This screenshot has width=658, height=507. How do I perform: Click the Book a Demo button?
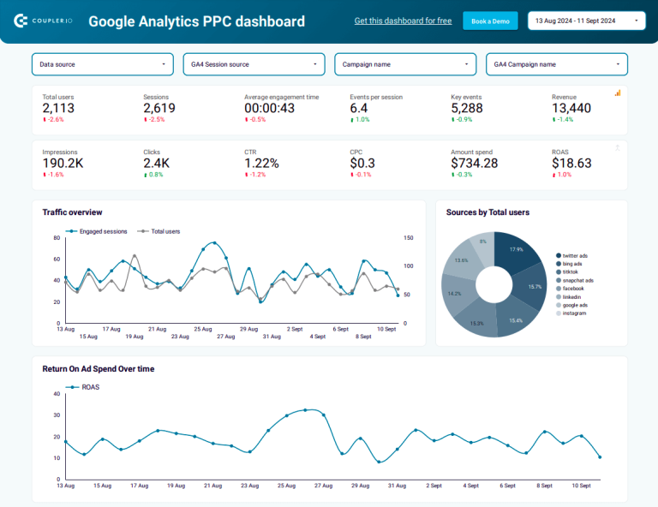pyautogui.click(x=490, y=21)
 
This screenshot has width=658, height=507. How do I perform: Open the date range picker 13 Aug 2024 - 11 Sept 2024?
pyautogui.click(x=587, y=21)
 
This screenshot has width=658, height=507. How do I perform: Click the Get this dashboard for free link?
pyautogui.click(x=403, y=21)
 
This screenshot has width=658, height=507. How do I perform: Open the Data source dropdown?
pyautogui.click(x=103, y=64)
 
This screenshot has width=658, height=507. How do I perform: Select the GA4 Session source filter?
pyautogui.click(x=254, y=64)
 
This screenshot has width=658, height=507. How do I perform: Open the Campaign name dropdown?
pyautogui.click(x=405, y=64)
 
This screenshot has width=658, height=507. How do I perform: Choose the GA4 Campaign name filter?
pyautogui.click(x=556, y=64)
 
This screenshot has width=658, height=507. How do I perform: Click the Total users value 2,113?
pyautogui.click(x=58, y=108)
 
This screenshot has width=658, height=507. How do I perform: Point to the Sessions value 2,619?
pyautogui.click(x=159, y=108)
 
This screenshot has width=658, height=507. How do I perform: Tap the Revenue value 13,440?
pyautogui.click(x=571, y=108)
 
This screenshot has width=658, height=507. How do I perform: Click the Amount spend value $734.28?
pyautogui.click(x=475, y=163)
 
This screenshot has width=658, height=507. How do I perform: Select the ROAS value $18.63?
pyautogui.click(x=571, y=163)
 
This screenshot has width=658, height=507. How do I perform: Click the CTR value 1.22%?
pyautogui.click(x=261, y=163)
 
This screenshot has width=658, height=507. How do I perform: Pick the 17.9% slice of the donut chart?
pyautogui.click(x=516, y=250)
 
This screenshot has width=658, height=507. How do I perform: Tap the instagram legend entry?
pyautogui.click(x=574, y=313)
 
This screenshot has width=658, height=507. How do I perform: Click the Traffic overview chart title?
pyautogui.click(x=72, y=212)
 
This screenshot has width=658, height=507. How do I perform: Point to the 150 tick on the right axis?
pyautogui.click(x=409, y=238)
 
